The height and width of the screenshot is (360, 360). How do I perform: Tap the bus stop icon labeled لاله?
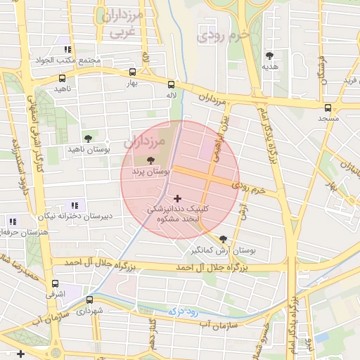coord(171,82)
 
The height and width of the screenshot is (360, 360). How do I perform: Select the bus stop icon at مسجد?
coord(328,108)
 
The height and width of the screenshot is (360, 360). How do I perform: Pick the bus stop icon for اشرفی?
coord(55,283)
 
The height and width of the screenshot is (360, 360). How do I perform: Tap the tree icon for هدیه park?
coord(269,56)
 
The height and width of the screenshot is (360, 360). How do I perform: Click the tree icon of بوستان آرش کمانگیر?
coord(224,239)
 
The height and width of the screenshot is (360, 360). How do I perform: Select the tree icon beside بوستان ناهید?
coord(88,139)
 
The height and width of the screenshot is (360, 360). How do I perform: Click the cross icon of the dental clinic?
coord(176,199)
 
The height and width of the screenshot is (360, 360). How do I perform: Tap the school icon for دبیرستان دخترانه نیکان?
coord(75,205)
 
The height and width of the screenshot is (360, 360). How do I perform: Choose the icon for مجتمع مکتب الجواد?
coord(67,49)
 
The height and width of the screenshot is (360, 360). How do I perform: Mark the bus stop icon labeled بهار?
coord(133,72)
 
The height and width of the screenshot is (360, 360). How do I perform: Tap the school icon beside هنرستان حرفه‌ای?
coord(13,221)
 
